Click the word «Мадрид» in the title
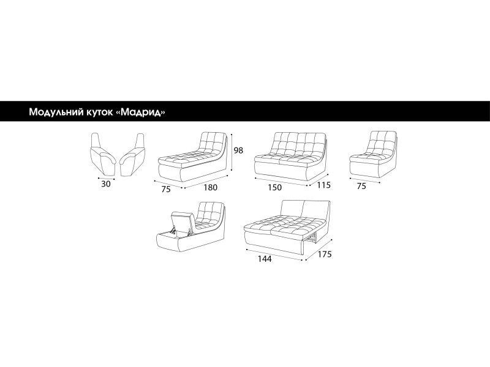(x=143, y=112)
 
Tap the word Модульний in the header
(x=55, y=112)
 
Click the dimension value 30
(x=106, y=184)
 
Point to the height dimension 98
(x=238, y=150)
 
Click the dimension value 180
(x=210, y=188)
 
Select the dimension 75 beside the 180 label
(x=166, y=190)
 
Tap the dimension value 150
(x=274, y=188)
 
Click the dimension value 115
(x=323, y=185)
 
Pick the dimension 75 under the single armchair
(x=361, y=187)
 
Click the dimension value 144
(x=265, y=259)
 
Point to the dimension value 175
(x=325, y=254)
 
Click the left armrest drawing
(x=103, y=155)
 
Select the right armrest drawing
(x=132, y=155)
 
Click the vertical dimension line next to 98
(x=232, y=152)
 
